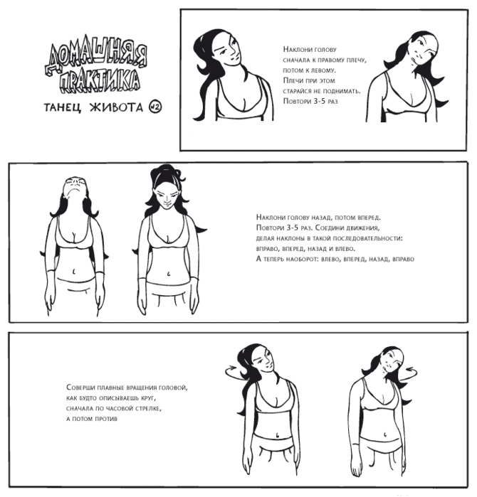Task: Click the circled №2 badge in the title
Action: click(x=155, y=107)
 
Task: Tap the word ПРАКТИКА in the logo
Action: click(x=100, y=81)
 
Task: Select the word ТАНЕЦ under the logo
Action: click(x=63, y=108)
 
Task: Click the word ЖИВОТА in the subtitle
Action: click(x=117, y=107)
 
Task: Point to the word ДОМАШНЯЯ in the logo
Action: click(x=95, y=57)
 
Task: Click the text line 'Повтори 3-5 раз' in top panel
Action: click(x=310, y=102)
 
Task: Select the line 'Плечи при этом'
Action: click(x=309, y=80)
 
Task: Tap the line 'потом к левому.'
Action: click(x=309, y=70)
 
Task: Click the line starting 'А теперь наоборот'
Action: click(x=335, y=259)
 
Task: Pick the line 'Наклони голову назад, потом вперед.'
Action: click(x=318, y=218)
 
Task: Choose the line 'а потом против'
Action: click(x=92, y=419)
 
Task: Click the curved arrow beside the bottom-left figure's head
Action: click(x=234, y=373)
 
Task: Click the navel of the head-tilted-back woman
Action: click(x=73, y=272)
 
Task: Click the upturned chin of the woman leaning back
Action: click(x=74, y=190)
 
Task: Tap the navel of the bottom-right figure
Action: click(x=385, y=434)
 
